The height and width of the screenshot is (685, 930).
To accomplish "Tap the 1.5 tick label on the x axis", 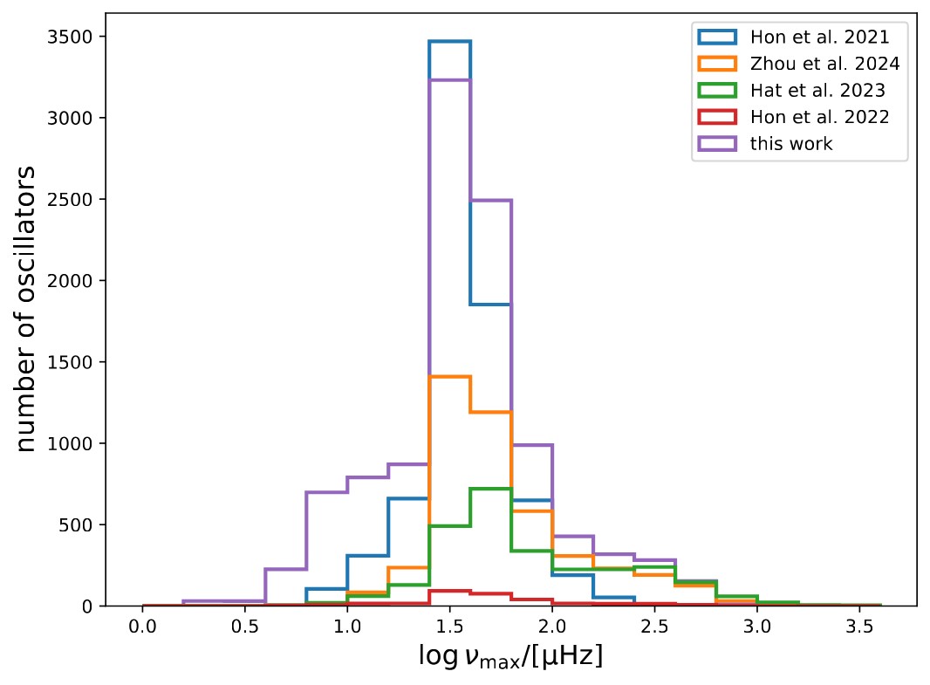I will (x=449, y=627).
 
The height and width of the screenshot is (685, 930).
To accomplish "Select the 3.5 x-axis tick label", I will (x=859, y=627).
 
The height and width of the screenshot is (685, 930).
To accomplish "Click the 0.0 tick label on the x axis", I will (x=142, y=627).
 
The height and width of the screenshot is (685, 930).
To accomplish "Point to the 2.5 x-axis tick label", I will (x=654, y=627).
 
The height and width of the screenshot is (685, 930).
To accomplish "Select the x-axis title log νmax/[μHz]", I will (x=511, y=656).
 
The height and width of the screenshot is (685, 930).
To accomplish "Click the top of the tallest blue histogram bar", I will (x=449, y=41).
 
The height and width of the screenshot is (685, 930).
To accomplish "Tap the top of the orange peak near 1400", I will (x=449, y=376).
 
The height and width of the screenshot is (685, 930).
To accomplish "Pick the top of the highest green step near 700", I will (x=490, y=489).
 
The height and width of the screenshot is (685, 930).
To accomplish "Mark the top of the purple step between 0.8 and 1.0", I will (x=326, y=492).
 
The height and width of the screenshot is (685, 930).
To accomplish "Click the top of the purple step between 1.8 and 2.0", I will (x=531, y=445).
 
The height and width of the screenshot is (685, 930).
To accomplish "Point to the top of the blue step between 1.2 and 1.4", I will (x=408, y=498).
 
